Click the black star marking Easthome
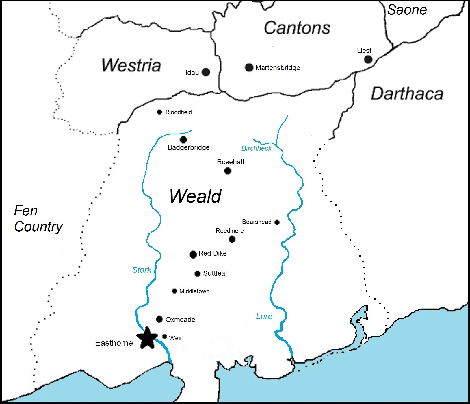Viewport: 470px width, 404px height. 147,338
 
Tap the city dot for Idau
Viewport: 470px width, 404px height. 206,72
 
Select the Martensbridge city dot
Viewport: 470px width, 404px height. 249,67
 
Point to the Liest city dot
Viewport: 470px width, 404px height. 368,59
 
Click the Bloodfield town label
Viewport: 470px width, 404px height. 179,112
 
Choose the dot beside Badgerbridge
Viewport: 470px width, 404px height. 183,140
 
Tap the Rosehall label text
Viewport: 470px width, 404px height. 230,162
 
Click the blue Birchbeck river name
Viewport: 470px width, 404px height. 257,148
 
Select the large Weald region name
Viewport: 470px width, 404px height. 195,196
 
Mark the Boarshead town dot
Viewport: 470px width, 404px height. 277,222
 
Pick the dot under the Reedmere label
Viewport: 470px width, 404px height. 232,239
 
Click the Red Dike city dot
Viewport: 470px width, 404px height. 193,254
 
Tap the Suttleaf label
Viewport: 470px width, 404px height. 215,273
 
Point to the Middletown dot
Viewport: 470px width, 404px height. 174,291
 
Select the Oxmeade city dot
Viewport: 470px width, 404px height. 159,319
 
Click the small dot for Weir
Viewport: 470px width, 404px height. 165,336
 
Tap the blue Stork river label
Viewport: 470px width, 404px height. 142,270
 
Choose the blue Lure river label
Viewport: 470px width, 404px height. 264,316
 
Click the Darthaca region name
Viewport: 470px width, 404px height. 407,94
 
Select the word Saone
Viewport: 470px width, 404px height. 407,10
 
